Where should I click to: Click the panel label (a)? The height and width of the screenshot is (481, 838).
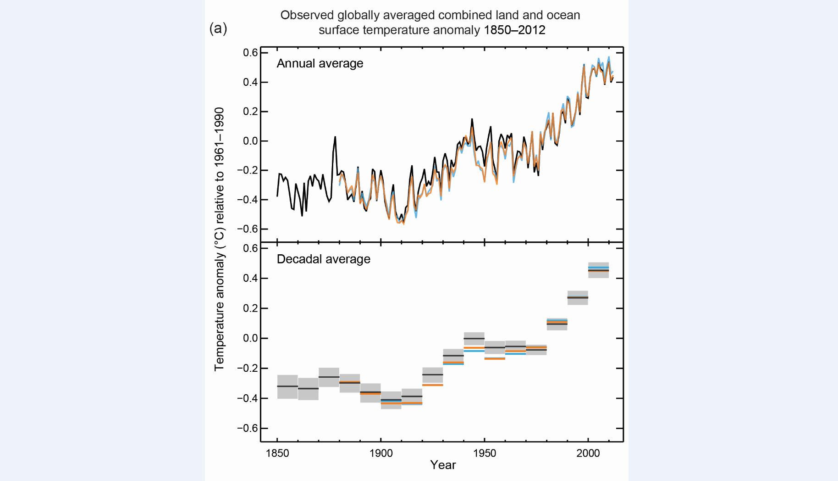pyautogui.click(x=218, y=28)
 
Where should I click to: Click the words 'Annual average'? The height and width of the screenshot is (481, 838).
pyautogui.click(x=320, y=63)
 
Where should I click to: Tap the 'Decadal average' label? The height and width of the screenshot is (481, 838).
pyautogui.click(x=323, y=259)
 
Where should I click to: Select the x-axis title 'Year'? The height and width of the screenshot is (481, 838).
pyautogui.click(x=443, y=465)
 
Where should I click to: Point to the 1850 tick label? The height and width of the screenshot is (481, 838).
pyautogui.click(x=277, y=453)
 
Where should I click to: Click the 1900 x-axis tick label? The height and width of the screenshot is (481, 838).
pyautogui.click(x=381, y=453)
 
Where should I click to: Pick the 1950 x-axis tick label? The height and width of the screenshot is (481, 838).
pyautogui.click(x=485, y=453)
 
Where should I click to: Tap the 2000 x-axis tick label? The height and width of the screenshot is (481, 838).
pyautogui.click(x=588, y=453)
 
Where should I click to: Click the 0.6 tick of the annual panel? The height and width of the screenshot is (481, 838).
pyautogui.click(x=250, y=53)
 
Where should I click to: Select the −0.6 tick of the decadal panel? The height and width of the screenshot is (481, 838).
pyautogui.click(x=248, y=428)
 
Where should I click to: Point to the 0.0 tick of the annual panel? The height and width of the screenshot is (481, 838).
pyautogui.click(x=250, y=141)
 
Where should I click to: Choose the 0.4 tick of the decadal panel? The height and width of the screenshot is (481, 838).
pyautogui.click(x=250, y=278)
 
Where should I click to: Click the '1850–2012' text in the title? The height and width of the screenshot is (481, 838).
pyautogui.click(x=514, y=30)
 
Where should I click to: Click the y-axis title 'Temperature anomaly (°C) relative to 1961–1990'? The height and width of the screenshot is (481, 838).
pyautogui.click(x=220, y=239)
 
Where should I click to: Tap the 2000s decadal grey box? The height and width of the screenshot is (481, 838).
pyautogui.click(x=598, y=270)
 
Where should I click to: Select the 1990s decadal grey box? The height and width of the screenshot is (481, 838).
pyautogui.click(x=578, y=298)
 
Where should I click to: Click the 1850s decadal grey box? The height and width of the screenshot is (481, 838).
pyautogui.click(x=287, y=386)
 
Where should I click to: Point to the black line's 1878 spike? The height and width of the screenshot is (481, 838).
pyautogui.click(x=335, y=137)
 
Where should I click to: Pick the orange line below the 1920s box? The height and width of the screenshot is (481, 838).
pyautogui.click(x=433, y=385)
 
